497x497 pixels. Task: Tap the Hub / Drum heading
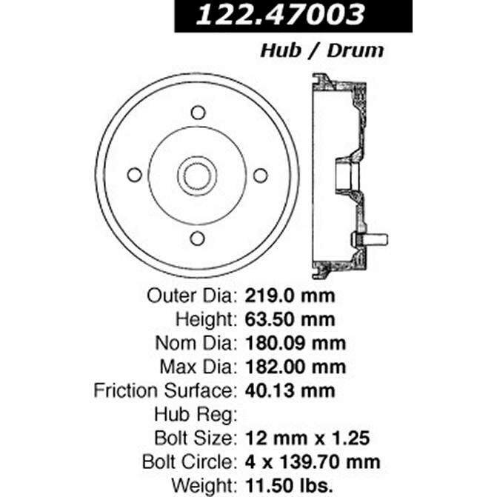[321, 50]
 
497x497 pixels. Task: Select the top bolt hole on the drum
[197, 113]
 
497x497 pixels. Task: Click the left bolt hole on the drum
[134, 175]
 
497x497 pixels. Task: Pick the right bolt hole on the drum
[260, 175]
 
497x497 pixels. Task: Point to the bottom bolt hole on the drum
[197, 238]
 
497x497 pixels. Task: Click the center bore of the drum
[197, 175]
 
